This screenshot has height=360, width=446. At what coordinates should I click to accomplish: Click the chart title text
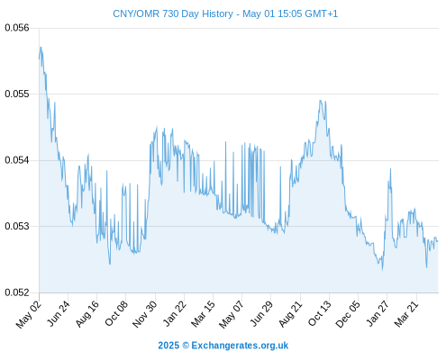[225, 13]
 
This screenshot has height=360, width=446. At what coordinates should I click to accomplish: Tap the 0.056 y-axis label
[17, 28]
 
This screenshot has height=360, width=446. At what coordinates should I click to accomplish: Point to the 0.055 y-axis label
[17, 94]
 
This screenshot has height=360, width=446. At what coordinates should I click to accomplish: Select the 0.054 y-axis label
[17, 160]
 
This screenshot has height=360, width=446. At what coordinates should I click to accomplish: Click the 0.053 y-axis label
[17, 226]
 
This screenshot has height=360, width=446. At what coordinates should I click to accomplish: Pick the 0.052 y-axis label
[17, 292]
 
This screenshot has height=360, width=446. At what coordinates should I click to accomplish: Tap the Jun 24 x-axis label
[59, 313]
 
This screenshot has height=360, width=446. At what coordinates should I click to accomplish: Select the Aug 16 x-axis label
[87, 313]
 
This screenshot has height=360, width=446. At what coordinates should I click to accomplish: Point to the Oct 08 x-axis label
[116, 313]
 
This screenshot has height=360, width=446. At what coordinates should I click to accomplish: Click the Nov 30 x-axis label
[145, 314]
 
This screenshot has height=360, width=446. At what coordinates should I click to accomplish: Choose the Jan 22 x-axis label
[175, 313]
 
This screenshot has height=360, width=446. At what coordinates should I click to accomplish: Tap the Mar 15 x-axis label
[203, 314]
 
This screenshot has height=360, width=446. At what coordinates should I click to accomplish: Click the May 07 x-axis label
[232, 314]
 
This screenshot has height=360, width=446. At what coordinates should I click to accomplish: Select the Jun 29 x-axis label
[261, 313]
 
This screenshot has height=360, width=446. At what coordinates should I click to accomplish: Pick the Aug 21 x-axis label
[290, 313]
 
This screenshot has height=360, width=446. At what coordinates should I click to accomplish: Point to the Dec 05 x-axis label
[348, 314]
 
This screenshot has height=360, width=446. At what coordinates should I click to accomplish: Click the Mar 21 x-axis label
[406, 314]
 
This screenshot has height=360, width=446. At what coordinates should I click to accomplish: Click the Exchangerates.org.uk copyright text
[223, 346]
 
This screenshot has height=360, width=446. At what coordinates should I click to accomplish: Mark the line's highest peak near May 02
[41, 47]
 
